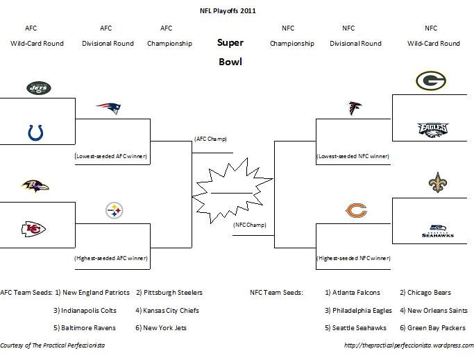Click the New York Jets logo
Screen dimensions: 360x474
[39, 88]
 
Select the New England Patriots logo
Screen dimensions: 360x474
[108, 108]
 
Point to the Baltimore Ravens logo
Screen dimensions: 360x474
[35, 186]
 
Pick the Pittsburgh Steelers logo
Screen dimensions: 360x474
[115, 210]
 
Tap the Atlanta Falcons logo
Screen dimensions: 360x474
[355, 108]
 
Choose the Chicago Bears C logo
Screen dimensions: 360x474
[356, 210]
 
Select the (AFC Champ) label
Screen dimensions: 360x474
[210, 139]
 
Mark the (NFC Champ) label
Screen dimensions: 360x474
[250, 225]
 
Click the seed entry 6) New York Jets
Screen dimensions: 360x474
[161, 327]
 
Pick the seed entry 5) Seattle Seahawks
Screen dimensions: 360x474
[357, 327]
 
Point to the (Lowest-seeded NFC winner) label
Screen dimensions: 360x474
[352, 157]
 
